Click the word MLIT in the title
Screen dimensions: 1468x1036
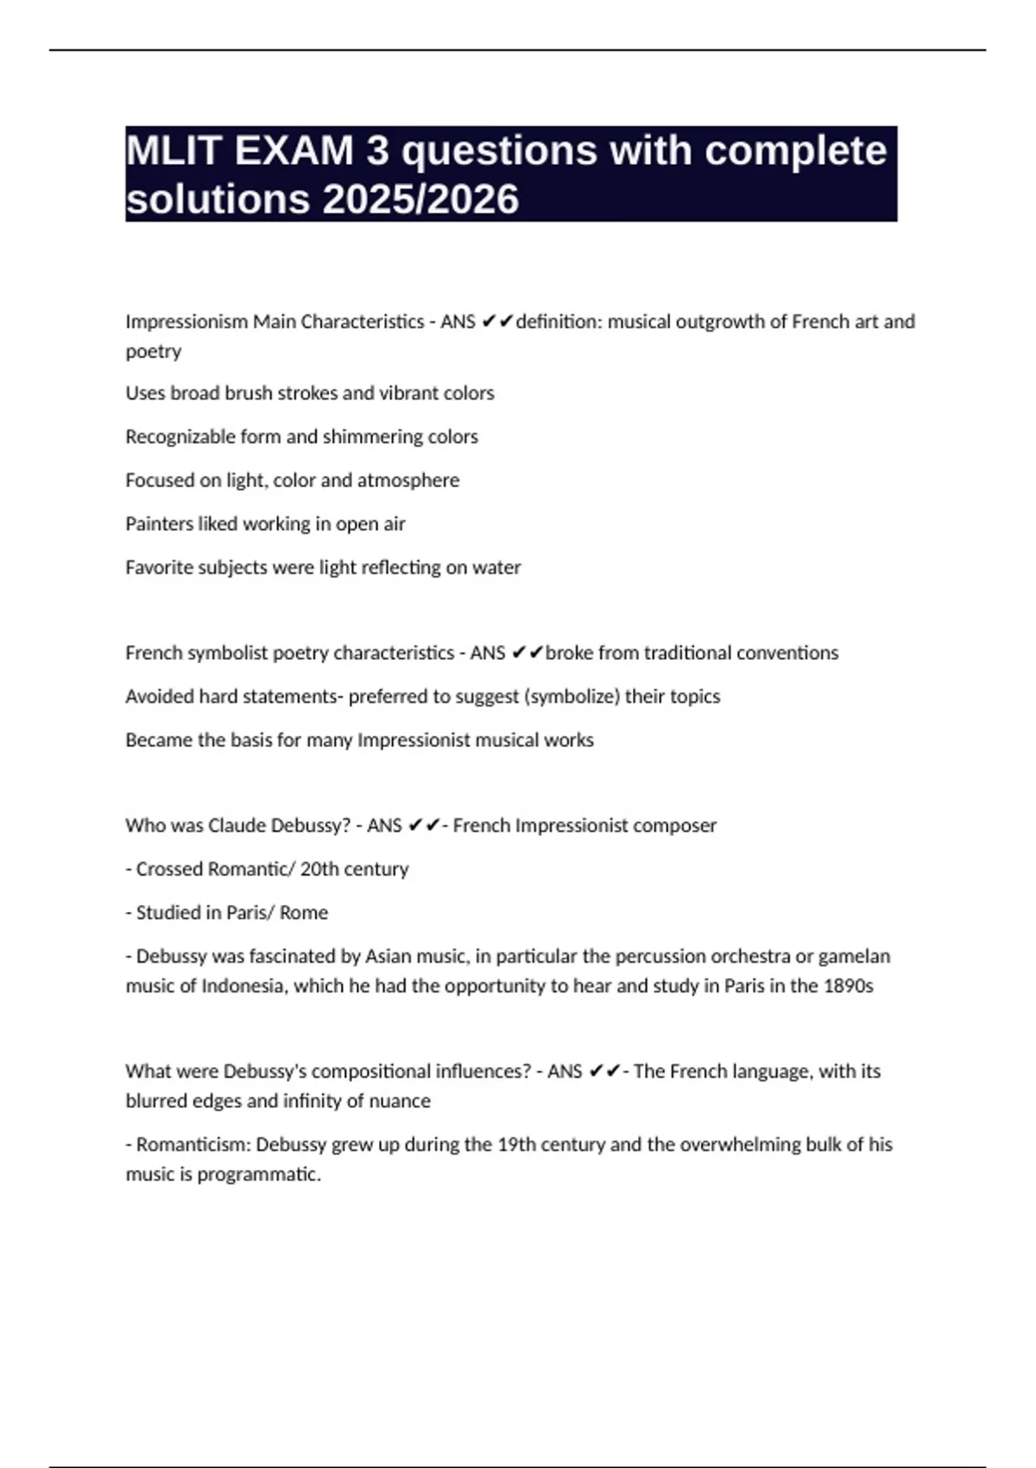pyautogui.click(x=172, y=151)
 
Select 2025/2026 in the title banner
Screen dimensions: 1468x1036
pyautogui.click(x=420, y=199)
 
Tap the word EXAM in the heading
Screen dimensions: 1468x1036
pyautogui.click(x=294, y=151)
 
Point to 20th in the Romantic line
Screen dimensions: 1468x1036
pyautogui.click(x=319, y=870)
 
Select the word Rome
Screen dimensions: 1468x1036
pyautogui.click(x=304, y=913)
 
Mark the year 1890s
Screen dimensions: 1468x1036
pyautogui.click(x=849, y=986)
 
